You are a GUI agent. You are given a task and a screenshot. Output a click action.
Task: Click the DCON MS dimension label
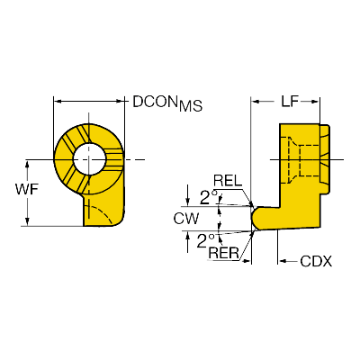click(167, 103)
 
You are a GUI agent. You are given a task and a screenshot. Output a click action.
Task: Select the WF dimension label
click(27, 189)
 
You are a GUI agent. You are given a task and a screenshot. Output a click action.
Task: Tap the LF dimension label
click(289, 102)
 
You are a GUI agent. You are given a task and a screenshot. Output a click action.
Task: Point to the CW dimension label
click(186, 219)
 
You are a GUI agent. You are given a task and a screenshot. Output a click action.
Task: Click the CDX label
click(316, 262)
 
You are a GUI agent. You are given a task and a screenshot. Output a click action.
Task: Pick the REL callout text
click(228, 181)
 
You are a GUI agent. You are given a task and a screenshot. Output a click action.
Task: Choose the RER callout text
click(224, 254)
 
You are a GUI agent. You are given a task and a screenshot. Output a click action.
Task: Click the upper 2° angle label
click(209, 197)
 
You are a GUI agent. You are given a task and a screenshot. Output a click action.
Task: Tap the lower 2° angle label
click(205, 241)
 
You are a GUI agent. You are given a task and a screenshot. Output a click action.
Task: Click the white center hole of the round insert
click(89, 158)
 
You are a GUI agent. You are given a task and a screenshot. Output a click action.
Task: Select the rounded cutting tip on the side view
click(256, 218)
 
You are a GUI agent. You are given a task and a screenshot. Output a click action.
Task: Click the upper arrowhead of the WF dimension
click(27, 164)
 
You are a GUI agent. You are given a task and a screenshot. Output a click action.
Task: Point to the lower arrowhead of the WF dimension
click(27, 221)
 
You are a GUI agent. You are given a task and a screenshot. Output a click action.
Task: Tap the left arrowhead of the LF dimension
click(256, 102)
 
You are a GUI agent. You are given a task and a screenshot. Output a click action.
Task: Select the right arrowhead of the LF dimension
click(315, 102)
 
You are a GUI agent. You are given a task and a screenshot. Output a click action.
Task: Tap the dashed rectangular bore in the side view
click(310, 160)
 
